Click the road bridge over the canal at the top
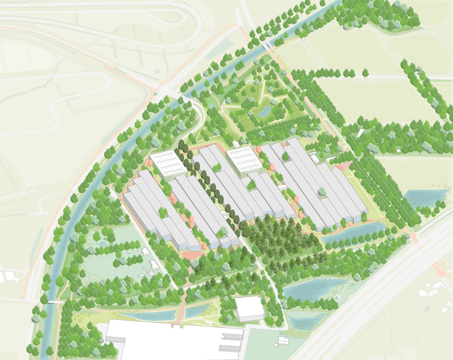click(x=268, y=45)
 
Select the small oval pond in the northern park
click(x=264, y=111)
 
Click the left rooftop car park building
click(x=168, y=164)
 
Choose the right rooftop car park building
click(x=245, y=161)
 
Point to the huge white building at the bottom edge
click(x=174, y=340)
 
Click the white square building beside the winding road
click(x=250, y=308)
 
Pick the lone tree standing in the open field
click(x=365, y=72)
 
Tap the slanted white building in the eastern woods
click(x=360, y=133)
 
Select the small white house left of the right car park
click(x=236, y=144)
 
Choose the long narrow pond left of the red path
click(x=149, y=315)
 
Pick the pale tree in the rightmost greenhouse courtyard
click(x=322, y=192)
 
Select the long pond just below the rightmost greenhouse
click(x=353, y=230)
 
